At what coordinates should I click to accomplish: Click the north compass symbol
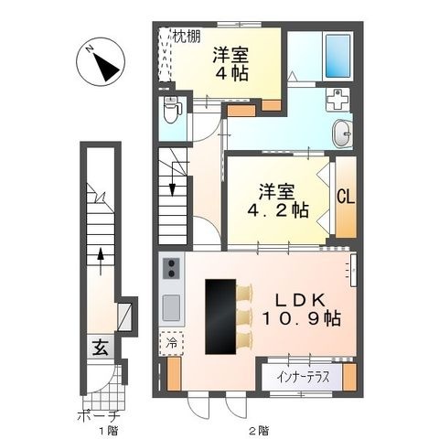pos(101,62)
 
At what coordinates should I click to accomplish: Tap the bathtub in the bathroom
pos(337,56)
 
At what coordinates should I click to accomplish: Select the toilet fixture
pos(171,110)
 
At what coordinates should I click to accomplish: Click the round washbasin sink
pos(342,133)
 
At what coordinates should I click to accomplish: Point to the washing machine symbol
pos(337,100)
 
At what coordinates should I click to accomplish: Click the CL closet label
pos(346,197)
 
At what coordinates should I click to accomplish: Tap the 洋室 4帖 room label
pos(230,64)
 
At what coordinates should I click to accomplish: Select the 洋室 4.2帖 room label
pos(277,201)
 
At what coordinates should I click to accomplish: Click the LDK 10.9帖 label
pos(301,309)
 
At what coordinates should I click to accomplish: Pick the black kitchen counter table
pos(220,316)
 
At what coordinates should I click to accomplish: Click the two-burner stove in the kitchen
pos(171,268)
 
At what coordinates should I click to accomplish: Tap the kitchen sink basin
pos(171,307)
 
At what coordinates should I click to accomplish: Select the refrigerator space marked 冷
pos(171,344)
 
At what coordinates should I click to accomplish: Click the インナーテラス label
pos(303,378)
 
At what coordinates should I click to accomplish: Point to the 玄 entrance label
pos(101,348)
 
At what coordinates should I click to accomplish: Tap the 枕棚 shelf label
pos(187,37)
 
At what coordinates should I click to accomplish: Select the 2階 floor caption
pos(259,431)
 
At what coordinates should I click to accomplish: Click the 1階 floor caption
pos(108,431)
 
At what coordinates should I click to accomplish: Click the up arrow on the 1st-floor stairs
pos(101,262)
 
